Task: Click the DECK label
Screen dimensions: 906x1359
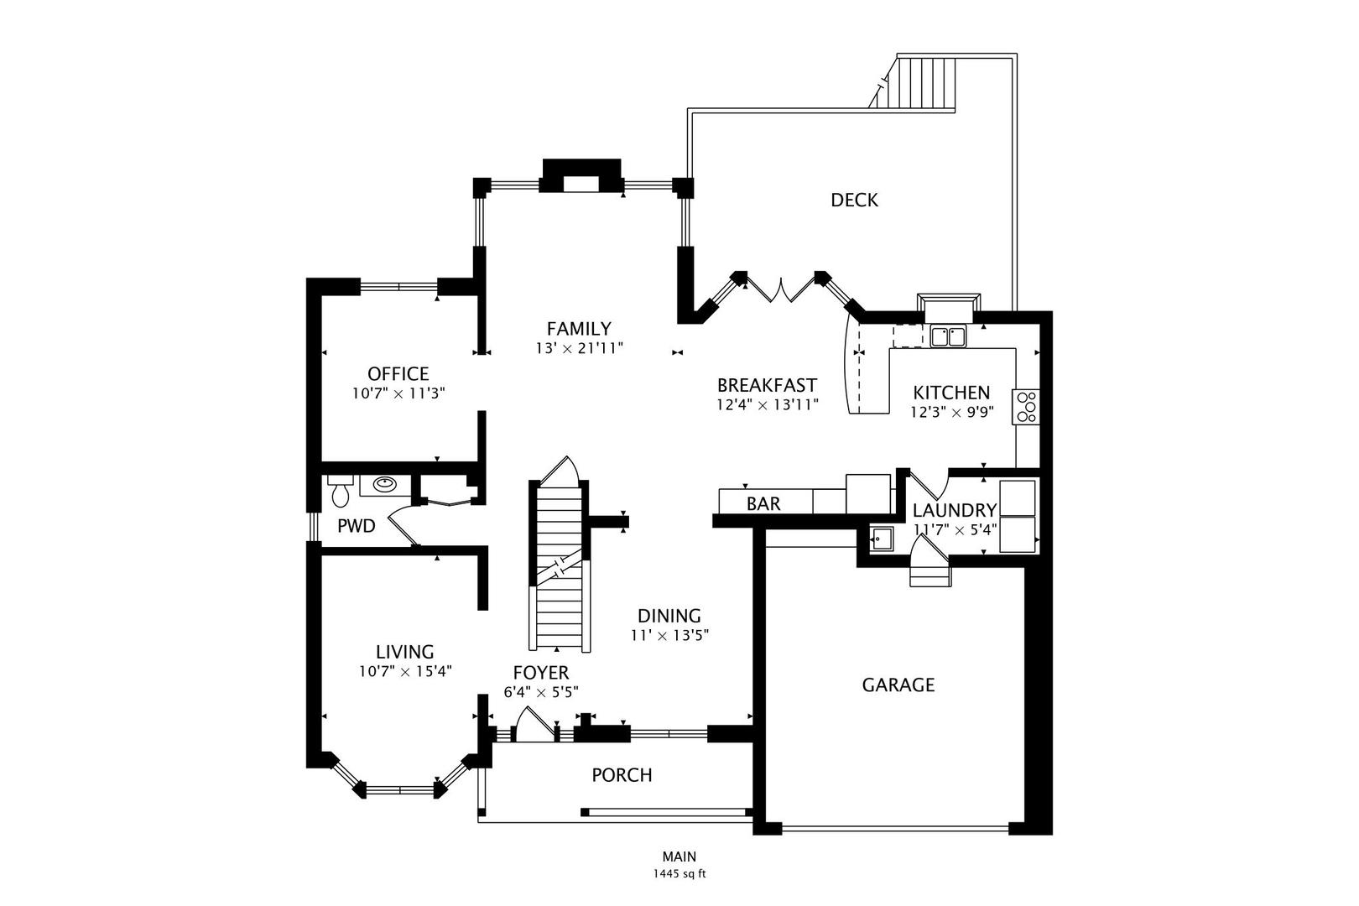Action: (x=854, y=200)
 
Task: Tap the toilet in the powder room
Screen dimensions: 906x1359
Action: (x=340, y=492)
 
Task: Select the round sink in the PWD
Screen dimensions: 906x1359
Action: (x=385, y=484)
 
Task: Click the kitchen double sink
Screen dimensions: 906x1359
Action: (x=948, y=336)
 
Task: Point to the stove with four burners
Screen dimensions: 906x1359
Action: (x=1026, y=407)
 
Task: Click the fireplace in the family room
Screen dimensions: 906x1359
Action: (x=581, y=178)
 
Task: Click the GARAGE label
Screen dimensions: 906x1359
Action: (x=898, y=685)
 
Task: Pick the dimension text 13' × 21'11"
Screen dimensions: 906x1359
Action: (x=579, y=347)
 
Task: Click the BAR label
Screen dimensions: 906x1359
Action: (x=763, y=503)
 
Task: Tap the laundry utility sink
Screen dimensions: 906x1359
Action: (x=881, y=539)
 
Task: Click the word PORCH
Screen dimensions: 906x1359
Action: (x=622, y=775)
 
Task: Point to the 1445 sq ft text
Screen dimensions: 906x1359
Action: (x=679, y=874)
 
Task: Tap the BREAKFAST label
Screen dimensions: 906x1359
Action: (x=767, y=385)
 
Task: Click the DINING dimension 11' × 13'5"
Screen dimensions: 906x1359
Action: (x=669, y=636)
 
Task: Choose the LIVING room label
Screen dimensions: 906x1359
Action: (x=404, y=652)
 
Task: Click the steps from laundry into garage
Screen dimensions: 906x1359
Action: (x=929, y=575)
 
